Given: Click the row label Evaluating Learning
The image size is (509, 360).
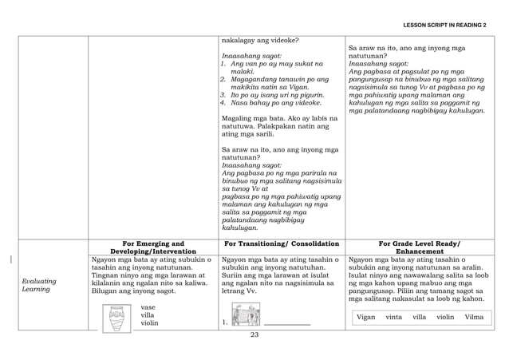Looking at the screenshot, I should tap(37, 288).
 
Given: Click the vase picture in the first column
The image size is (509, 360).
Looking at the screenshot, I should tap(116, 316).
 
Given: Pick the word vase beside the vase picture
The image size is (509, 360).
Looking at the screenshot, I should tap(148, 306).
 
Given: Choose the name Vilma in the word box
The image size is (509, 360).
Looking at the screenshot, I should tap(474, 317).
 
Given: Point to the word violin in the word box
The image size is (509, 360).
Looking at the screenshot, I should tap(445, 317).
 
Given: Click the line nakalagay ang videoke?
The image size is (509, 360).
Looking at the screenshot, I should tap(261, 40).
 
